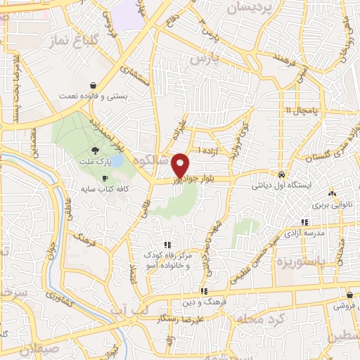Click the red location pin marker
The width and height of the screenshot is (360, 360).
point(181,165)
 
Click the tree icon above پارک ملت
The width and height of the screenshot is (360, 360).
point(95,150)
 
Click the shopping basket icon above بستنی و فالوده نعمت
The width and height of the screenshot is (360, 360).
point(94,85)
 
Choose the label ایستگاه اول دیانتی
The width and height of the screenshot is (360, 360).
point(281,187)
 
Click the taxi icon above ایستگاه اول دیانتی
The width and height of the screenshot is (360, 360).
point(281,174)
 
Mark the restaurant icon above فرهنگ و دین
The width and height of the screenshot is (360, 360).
point(204,290)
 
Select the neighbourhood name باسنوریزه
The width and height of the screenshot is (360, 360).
point(290,263)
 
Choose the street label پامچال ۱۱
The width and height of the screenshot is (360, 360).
point(302,110)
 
